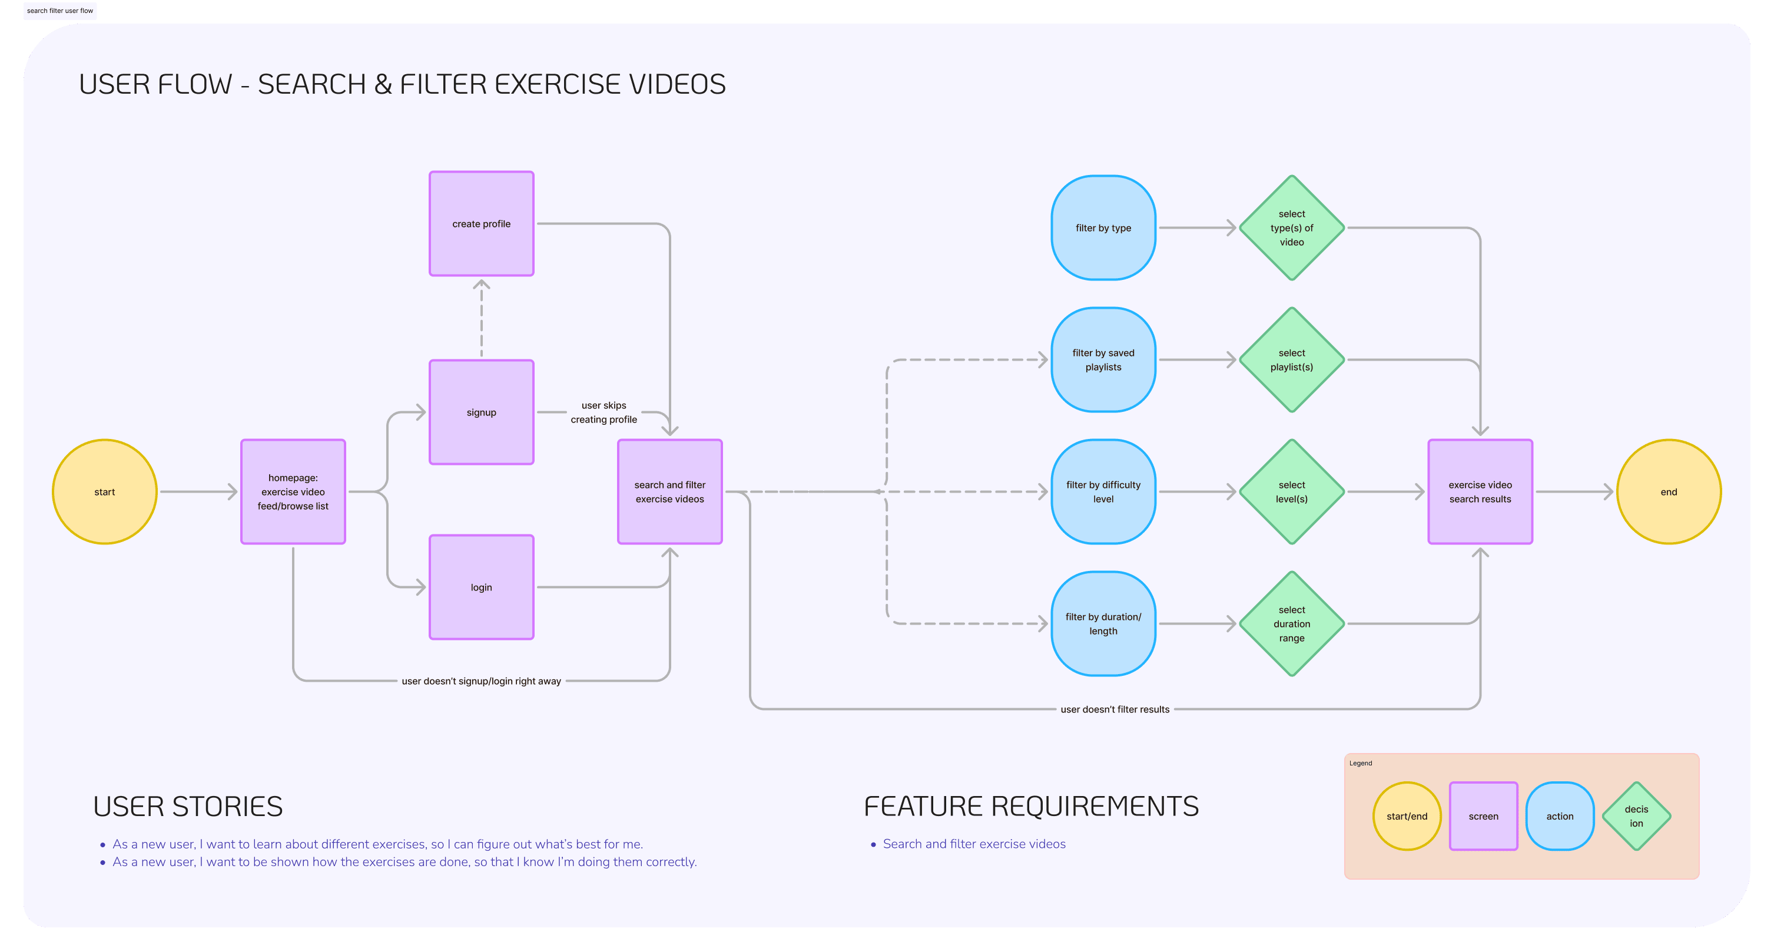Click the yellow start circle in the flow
click(x=105, y=491)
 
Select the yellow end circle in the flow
click(x=1668, y=491)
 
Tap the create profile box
click(x=482, y=224)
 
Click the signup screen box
click(x=482, y=412)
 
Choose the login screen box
click(x=482, y=587)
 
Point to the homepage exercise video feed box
click(x=293, y=491)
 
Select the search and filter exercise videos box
click(x=669, y=491)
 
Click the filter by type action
click(x=1103, y=228)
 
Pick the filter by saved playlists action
click(x=1103, y=360)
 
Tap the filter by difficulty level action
click(x=1103, y=491)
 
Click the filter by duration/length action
click(x=1103, y=623)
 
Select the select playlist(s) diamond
click(x=1291, y=360)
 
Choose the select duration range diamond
click(x=1291, y=623)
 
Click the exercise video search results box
click(x=1480, y=491)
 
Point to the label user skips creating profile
click(x=604, y=412)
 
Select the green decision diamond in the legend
click(x=1636, y=816)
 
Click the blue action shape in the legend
click(x=1560, y=816)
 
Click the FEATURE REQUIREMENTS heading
click(x=1031, y=806)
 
